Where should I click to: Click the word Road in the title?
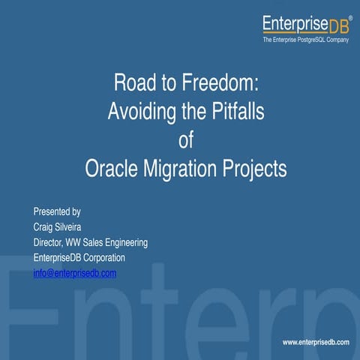pos(132,82)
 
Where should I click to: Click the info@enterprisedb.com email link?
pos(75,273)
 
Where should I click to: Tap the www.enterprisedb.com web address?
pos(316,343)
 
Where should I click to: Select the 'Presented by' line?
pos(57,211)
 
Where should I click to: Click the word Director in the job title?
pos(50,243)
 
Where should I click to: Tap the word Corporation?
pos(102,258)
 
